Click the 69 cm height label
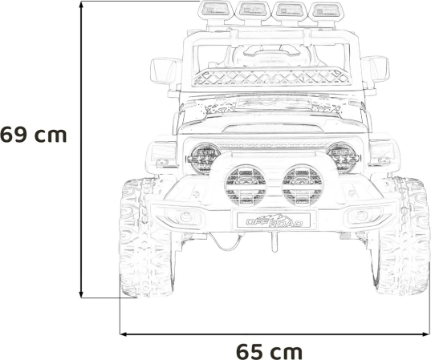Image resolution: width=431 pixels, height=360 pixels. (x=33, y=135)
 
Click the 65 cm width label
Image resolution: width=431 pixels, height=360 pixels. (x=269, y=351)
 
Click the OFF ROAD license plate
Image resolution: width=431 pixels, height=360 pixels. (x=274, y=220)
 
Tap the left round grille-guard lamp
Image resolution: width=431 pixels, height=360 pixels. (x=246, y=185)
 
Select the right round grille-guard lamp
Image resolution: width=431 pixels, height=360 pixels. (x=303, y=185)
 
